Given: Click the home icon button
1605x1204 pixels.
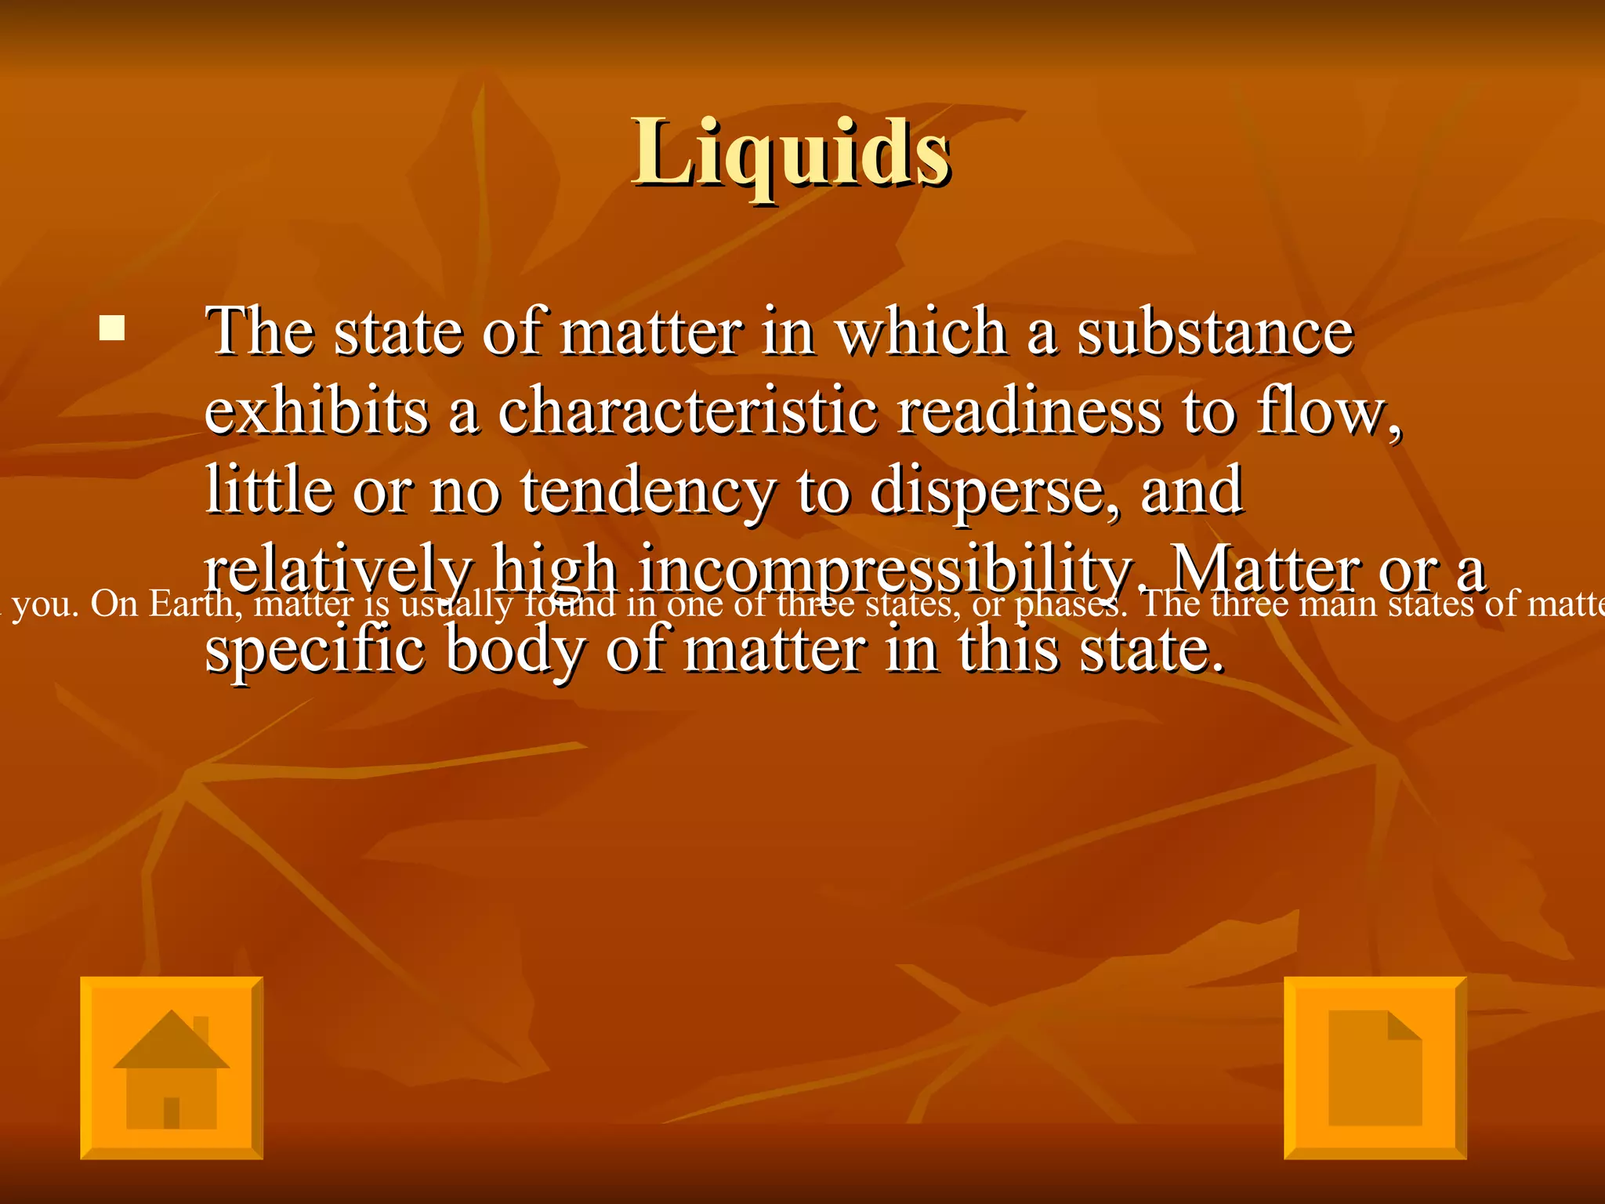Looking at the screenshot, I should (172, 1068).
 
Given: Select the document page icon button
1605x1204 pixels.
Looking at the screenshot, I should (1375, 1068).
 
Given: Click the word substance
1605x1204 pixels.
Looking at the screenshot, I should (1215, 332).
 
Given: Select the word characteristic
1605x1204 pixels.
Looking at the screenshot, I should (687, 411).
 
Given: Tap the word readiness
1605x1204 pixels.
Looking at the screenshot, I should (1029, 411).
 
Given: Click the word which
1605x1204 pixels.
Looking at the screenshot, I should (922, 332).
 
